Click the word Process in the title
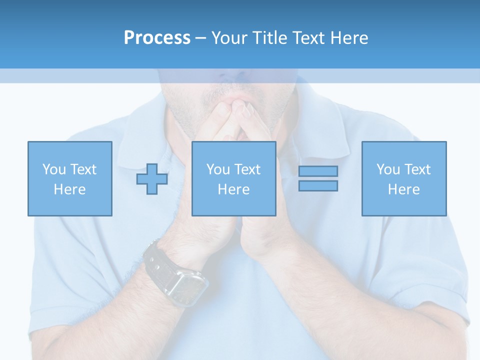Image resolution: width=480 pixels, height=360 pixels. [x=157, y=38]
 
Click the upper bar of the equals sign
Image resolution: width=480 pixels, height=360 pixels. [x=318, y=171]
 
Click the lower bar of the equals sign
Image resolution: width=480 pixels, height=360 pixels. [x=318, y=185]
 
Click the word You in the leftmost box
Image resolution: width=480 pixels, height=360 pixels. [x=54, y=169]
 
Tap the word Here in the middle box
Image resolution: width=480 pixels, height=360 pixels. [x=233, y=189]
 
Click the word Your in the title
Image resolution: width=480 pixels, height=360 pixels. [x=230, y=38]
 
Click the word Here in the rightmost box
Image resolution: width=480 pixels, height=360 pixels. [x=403, y=189]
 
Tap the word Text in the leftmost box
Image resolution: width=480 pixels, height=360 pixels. [x=84, y=169]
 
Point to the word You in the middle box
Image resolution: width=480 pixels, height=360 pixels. [x=218, y=169]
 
